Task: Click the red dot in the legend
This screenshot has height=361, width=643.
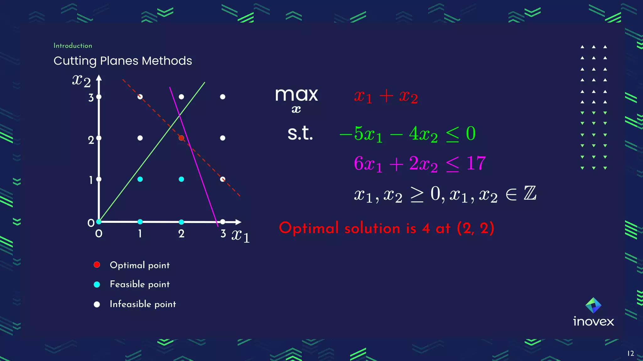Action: (x=97, y=265)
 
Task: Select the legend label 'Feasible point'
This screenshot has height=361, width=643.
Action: (x=140, y=284)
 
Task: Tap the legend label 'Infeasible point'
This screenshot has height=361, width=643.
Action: (x=143, y=304)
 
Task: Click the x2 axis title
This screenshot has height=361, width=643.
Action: (x=81, y=81)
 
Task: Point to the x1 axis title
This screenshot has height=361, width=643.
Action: (x=240, y=236)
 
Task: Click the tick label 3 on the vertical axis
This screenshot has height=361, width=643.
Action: (x=91, y=98)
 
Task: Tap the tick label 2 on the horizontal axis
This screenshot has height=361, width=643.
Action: (x=181, y=234)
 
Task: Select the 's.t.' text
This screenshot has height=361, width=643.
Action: (x=300, y=133)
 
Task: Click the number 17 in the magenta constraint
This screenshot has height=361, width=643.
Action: (x=476, y=163)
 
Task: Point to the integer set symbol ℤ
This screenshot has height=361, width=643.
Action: (x=530, y=193)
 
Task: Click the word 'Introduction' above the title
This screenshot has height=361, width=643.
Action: (x=73, y=46)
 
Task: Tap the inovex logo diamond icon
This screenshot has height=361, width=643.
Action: (x=593, y=305)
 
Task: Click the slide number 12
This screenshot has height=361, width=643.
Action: (x=630, y=353)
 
